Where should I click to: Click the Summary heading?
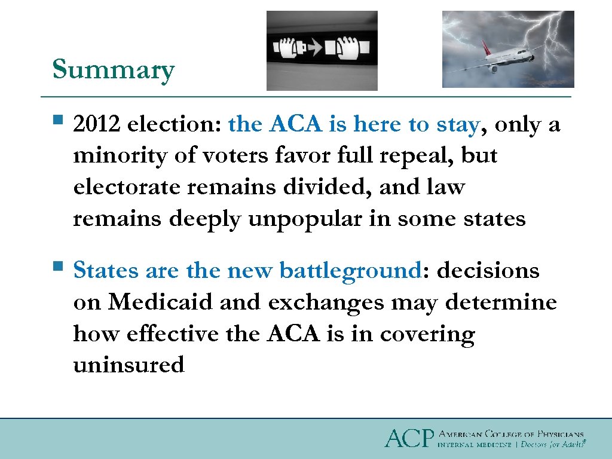coord(113,70)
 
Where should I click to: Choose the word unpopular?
coord(299,219)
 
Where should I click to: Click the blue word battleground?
coord(350,271)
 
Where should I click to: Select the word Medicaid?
coord(160,302)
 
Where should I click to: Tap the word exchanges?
coord(326,302)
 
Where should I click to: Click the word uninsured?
coord(128,364)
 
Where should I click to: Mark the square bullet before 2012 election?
coord(57,121)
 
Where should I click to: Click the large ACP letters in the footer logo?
coord(408,438)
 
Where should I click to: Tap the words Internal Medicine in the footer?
coord(475,445)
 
